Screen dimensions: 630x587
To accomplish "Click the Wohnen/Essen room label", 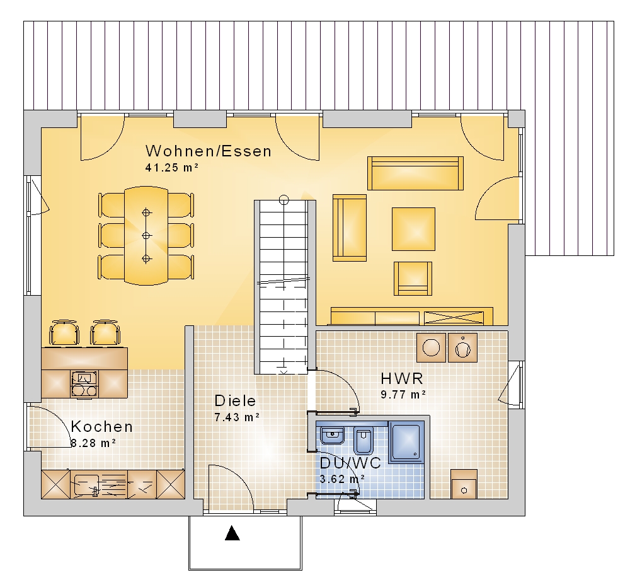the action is (209, 151).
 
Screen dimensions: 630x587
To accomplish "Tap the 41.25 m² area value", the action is (171, 168).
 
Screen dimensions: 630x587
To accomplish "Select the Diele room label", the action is (235, 401).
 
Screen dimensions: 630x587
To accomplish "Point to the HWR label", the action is (402, 378).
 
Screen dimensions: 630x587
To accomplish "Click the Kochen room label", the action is (101, 427).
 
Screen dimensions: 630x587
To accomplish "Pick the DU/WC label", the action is (350, 463).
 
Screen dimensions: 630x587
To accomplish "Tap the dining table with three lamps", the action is (146, 235).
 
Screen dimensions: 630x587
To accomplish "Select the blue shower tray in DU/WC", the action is (406, 442).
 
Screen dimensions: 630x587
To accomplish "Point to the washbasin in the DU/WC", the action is (332, 435).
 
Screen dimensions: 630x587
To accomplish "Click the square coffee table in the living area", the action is (413, 229).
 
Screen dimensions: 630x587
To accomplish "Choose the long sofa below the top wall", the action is (415, 173).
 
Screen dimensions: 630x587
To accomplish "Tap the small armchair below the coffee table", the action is (413, 279).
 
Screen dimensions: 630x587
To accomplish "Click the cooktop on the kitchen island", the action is (84, 385).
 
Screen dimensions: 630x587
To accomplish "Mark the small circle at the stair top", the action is (284, 199).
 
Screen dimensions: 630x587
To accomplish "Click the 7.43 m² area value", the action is (237, 417).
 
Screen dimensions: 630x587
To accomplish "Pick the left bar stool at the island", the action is (64, 333).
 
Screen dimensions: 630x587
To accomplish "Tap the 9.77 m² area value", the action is (403, 395).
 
